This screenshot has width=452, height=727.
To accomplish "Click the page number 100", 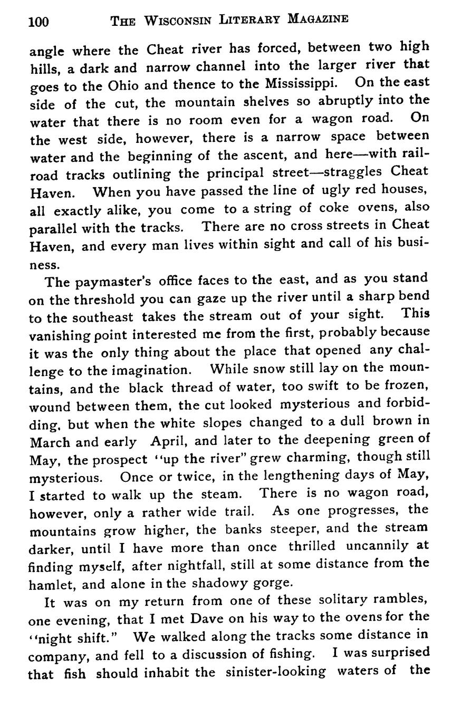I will [39, 21].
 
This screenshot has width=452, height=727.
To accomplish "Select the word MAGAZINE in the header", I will [318, 20].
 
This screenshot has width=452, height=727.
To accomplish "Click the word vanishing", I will [56, 335].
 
